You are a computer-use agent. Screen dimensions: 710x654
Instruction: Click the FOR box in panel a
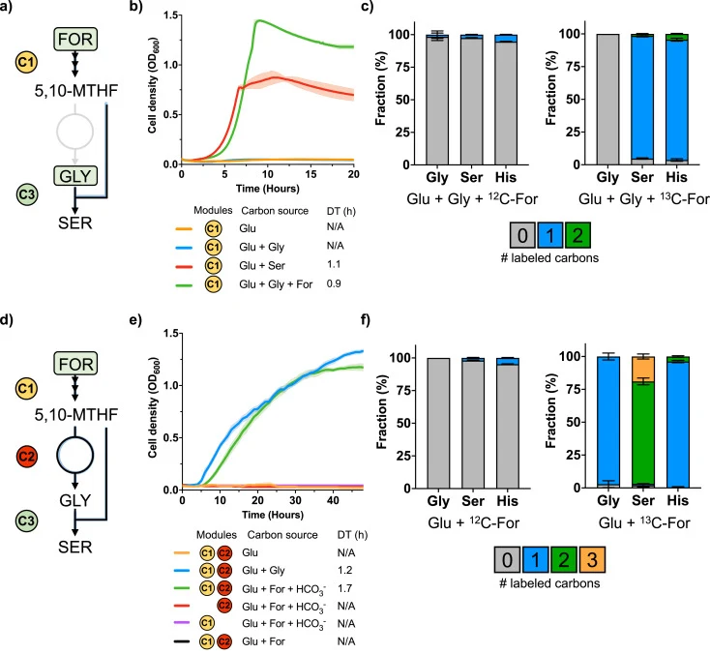(75, 39)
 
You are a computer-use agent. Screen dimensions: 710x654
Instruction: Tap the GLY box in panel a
(75, 176)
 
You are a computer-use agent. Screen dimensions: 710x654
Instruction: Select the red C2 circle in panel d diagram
(26, 456)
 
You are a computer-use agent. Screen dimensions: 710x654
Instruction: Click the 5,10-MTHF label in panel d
(76, 414)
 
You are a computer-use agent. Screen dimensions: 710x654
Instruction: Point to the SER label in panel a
(75, 223)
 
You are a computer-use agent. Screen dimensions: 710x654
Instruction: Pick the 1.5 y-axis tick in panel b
(170, 15)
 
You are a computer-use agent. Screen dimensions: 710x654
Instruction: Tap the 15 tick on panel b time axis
(311, 174)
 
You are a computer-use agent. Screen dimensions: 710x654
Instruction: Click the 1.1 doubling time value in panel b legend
(334, 264)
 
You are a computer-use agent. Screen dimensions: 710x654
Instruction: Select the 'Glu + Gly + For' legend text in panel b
(276, 284)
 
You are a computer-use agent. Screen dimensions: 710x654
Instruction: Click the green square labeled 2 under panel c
(577, 235)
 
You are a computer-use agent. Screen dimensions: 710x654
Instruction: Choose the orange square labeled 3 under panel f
(592, 560)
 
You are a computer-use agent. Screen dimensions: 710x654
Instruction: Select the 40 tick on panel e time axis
(333, 500)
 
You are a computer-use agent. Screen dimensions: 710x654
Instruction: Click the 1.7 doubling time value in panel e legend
(344, 588)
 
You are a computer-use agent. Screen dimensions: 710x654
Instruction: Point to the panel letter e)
(135, 320)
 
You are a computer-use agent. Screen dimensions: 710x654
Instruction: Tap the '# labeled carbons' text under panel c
(549, 258)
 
